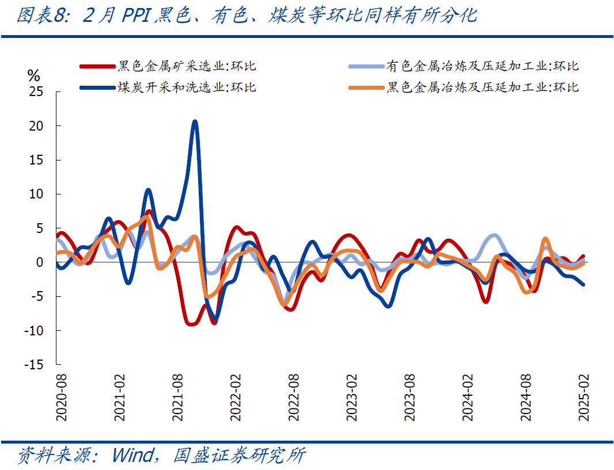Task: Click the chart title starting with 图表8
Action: [x=246, y=16]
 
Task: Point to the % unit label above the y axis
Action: [x=34, y=75]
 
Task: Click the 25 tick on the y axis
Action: [x=36, y=91]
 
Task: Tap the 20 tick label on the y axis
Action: [x=36, y=125]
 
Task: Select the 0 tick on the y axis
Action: [x=40, y=262]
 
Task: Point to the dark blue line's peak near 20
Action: [x=195, y=121]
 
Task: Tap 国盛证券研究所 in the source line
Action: [x=239, y=456]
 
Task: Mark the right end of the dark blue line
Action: [x=583, y=284]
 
